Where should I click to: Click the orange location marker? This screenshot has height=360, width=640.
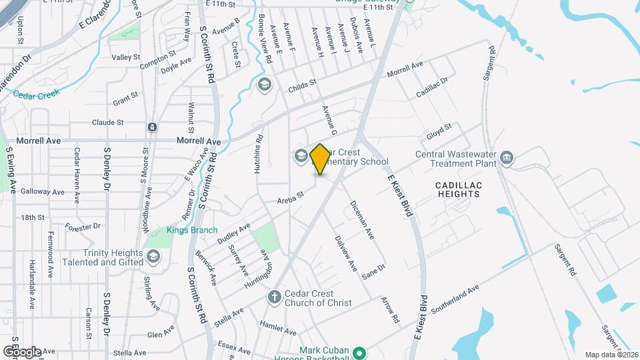[320, 159]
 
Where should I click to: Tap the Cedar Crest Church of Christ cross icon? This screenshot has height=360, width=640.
[274, 296]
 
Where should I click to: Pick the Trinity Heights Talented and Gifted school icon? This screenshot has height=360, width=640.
[153, 257]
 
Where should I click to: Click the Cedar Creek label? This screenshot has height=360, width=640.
[36, 94]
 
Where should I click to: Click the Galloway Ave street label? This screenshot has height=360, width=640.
[43, 191]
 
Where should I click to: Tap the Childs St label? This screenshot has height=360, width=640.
[301, 87]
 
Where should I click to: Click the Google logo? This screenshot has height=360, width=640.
[22, 351]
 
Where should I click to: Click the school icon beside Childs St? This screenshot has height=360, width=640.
[264, 84]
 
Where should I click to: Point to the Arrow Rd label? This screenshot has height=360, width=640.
[390, 309]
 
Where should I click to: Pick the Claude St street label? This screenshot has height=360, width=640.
[108, 123]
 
